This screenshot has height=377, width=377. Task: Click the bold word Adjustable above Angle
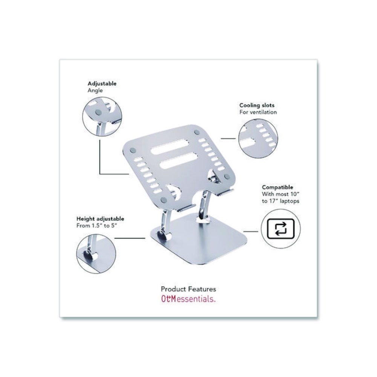click(x=102, y=84)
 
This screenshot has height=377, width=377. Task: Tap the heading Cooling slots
click(x=257, y=106)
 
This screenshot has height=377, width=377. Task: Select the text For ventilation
click(x=258, y=112)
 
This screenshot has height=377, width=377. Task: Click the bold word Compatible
click(x=277, y=187)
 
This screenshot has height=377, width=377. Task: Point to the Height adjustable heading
click(x=100, y=219)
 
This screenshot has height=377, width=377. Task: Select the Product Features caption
click(x=188, y=289)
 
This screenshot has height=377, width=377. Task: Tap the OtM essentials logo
click(x=188, y=300)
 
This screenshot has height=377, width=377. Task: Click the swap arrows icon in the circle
click(x=280, y=229)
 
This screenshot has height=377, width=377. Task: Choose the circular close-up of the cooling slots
click(x=258, y=138)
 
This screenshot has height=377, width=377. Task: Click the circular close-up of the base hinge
click(x=95, y=252)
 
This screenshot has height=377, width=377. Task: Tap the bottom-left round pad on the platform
click(x=163, y=199)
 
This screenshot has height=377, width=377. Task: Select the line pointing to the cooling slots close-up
click(x=228, y=138)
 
